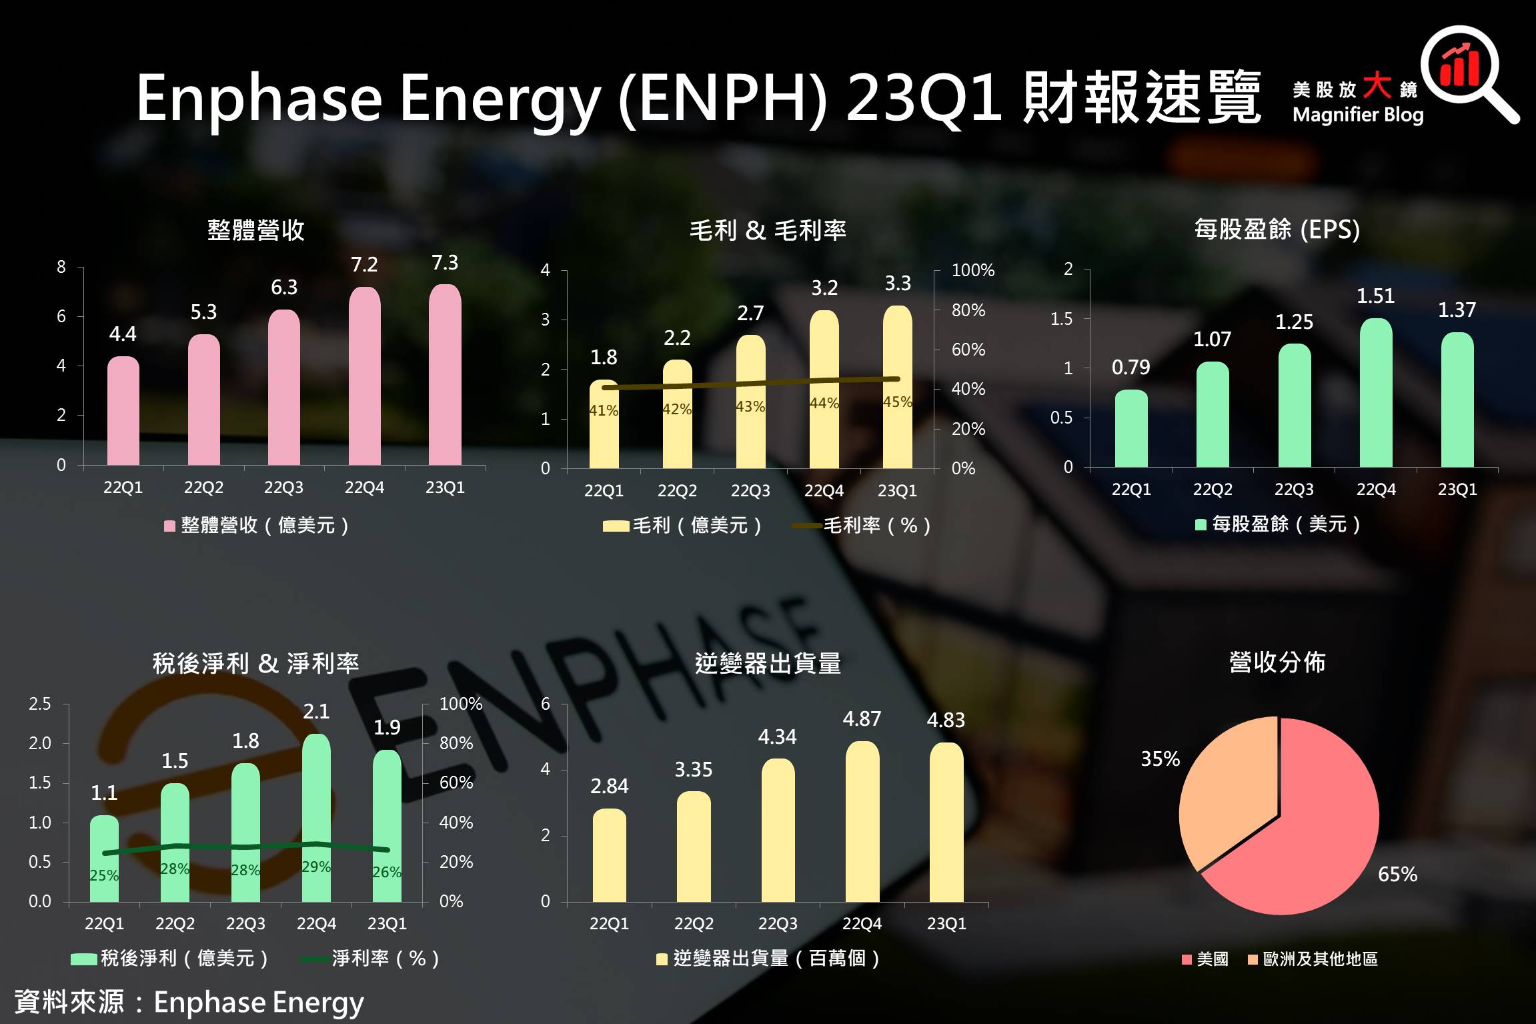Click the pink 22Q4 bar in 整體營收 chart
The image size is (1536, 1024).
tap(364, 377)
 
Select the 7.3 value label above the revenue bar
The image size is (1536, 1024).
tap(445, 263)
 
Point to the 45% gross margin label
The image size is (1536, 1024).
tap(897, 402)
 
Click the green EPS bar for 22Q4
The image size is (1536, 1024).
tap(1376, 394)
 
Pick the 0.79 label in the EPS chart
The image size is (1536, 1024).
tap(1130, 368)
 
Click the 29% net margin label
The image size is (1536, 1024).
tap(315, 867)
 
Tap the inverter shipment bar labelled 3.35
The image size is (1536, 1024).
tap(694, 847)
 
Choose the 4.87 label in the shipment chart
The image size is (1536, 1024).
tap(862, 719)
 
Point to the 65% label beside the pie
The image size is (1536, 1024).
tap(1397, 875)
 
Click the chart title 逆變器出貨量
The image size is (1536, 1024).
tap(768, 664)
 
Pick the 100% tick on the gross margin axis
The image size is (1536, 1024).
tap(972, 270)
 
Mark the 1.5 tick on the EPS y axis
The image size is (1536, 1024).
tap(1061, 319)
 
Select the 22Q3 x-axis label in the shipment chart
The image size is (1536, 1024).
tap(778, 924)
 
